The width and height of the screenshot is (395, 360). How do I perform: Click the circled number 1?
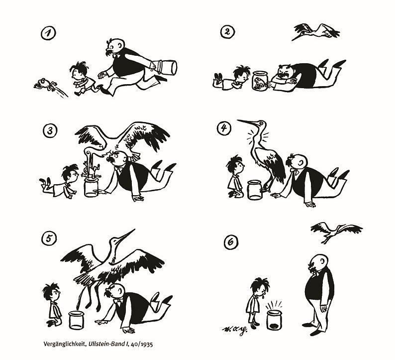tap(48, 33)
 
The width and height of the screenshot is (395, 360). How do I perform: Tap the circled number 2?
tap(227, 32)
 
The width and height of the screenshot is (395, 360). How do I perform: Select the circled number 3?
tap(50, 130)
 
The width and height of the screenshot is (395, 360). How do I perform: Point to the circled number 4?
tap(224, 127)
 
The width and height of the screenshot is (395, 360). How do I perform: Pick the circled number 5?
tap(49, 238)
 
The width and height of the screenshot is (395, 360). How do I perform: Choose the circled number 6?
tap(231, 242)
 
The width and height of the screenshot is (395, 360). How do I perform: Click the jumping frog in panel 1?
tap(45, 84)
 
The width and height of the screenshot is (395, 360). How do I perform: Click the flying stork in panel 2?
tap(316, 31)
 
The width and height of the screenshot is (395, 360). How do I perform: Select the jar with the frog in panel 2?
tap(260, 80)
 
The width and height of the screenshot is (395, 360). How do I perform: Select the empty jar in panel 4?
tap(255, 190)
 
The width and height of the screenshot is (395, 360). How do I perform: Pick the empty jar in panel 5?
tap(76, 320)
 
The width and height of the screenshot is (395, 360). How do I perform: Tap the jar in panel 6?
tap(274, 320)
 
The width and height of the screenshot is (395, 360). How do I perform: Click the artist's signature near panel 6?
tap(234, 329)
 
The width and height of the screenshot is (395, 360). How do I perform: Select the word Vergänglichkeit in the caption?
tap(65, 345)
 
